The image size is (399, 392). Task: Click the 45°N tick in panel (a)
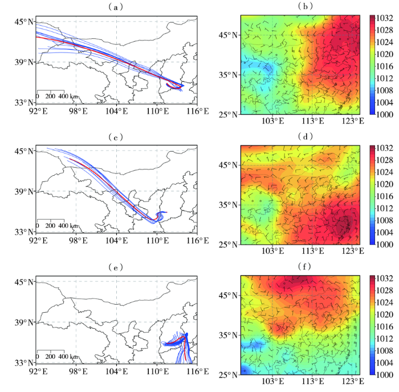[25, 22]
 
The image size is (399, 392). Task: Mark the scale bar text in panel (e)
[56, 357]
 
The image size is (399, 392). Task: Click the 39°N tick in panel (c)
[25, 191]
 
